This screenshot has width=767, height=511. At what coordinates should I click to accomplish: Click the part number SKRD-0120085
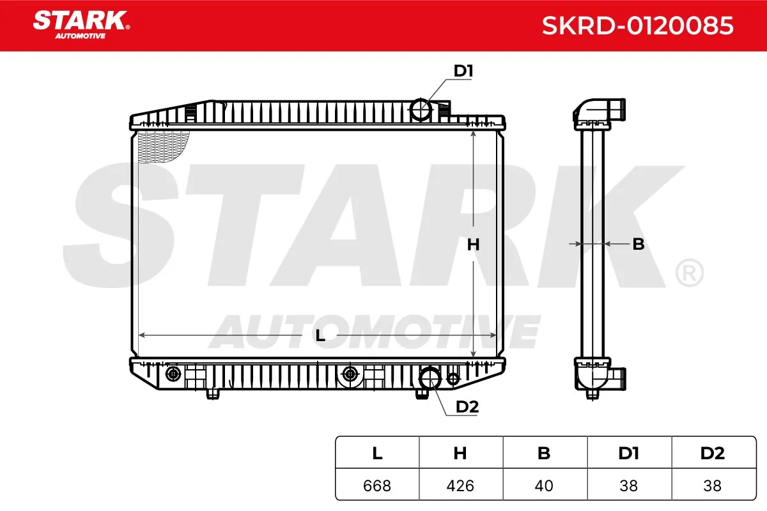point(638,26)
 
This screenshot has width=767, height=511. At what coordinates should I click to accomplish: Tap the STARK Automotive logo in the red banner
point(81,25)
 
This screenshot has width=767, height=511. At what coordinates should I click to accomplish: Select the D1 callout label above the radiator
point(463,71)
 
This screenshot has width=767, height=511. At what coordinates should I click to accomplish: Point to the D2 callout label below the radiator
point(467,407)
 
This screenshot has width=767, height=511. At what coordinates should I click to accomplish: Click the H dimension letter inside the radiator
point(473,245)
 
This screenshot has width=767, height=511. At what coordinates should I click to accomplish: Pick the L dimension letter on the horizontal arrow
point(320,336)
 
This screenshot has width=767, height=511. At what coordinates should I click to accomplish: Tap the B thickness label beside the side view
point(639,244)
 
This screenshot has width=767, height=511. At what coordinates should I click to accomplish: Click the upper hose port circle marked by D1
point(421,109)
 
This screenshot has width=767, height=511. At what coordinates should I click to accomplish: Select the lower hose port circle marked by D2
point(430,378)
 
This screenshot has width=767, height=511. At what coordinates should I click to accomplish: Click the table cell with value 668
point(377,485)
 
